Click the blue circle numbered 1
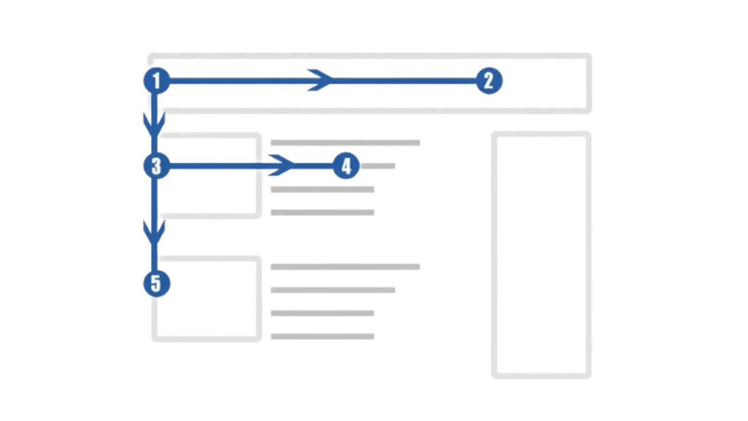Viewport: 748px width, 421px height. (x=156, y=80)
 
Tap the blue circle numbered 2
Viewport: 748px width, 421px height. (x=488, y=80)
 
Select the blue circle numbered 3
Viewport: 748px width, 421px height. (x=156, y=167)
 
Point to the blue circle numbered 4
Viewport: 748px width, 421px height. (x=346, y=167)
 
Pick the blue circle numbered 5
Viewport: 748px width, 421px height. (x=156, y=282)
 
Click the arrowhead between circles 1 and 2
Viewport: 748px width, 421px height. (x=319, y=80)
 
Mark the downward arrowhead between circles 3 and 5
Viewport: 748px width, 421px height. (x=155, y=234)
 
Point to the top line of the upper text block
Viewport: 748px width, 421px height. (x=348, y=143)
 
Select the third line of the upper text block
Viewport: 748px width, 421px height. (x=324, y=189)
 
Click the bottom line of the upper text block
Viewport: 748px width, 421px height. (x=324, y=210)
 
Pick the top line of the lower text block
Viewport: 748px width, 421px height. (x=348, y=268)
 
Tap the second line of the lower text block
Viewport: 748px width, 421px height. (x=333, y=289)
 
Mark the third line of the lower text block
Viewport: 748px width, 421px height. (x=324, y=312)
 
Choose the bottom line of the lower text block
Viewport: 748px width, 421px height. (x=324, y=334)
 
